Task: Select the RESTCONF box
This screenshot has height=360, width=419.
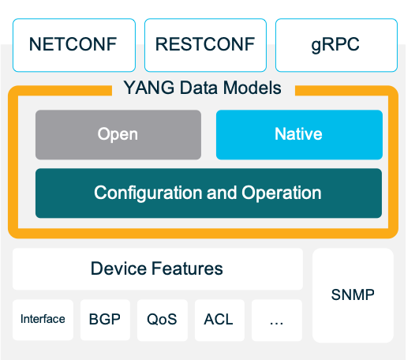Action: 204,43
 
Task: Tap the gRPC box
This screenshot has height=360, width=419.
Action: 335,43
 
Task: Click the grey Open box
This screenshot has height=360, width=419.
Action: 118,134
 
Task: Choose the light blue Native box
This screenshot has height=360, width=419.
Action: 298,134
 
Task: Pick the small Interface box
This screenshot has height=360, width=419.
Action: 43,320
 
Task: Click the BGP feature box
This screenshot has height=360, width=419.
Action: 104,320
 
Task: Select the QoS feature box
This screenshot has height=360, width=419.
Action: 162,320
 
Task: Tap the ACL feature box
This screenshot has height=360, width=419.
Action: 219,320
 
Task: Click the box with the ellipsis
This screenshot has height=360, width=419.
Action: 276,320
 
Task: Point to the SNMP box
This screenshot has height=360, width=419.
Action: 353,295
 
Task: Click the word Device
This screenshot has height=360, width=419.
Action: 118,268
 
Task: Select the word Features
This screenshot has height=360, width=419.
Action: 188,268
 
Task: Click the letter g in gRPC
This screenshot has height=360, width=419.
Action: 316,45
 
